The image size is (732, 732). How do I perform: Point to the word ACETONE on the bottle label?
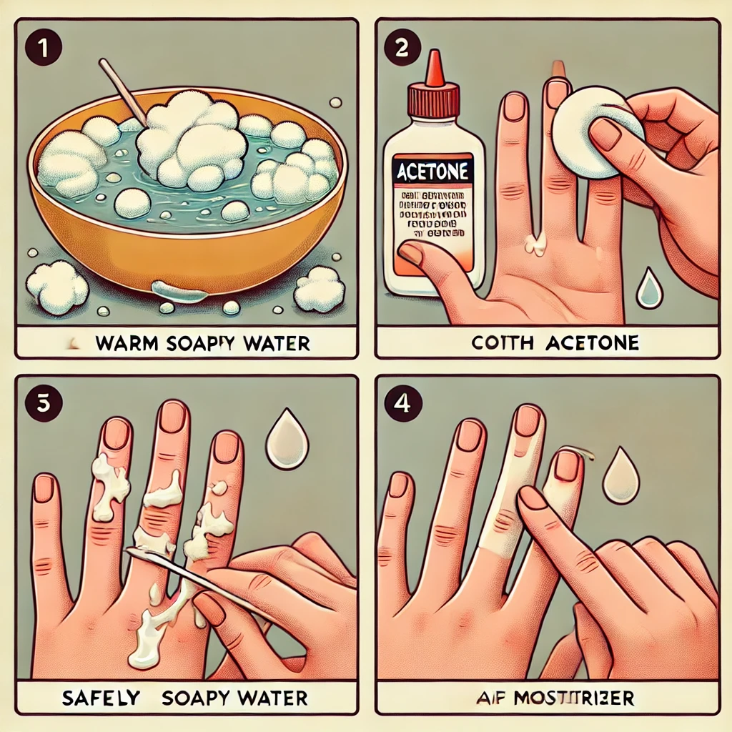pyautogui.click(x=429, y=172)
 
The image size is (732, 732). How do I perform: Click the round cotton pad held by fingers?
pyautogui.click(x=588, y=136)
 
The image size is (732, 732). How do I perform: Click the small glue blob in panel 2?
pyautogui.click(x=534, y=244)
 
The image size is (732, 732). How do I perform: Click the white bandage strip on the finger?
pyautogui.click(x=515, y=500)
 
